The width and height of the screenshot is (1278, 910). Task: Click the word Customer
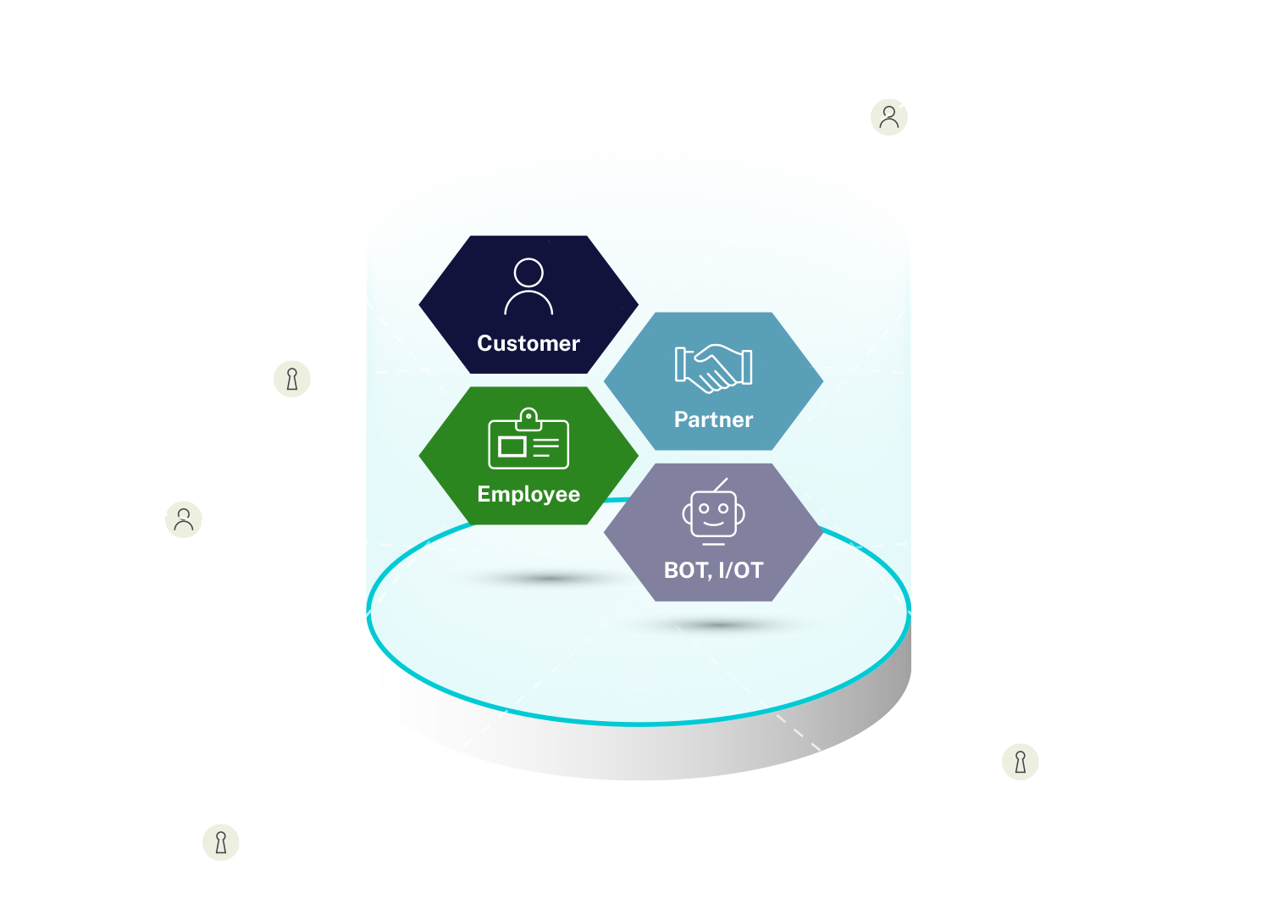click(x=528, y=343)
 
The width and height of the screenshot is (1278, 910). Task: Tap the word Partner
click(x=713, y=419)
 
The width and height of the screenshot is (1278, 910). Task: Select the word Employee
click(x=528, y=494)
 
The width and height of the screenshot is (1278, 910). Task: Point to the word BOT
click(x=684, y=570)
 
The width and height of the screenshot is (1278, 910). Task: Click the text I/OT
click(x=740, y=570)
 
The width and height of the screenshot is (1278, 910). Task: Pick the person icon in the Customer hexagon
click(x=528, y=287)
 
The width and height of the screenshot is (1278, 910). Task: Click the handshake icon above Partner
click(x=713, y=368)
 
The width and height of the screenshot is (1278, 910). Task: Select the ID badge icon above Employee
click(x=528, y=440)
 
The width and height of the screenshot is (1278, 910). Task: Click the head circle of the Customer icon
click(x=528, y=273)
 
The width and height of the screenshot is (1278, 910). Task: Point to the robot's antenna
click(x=721, y=485)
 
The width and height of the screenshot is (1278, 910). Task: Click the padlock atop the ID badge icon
click(x=528, y=418)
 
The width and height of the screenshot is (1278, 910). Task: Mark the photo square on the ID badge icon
click(x=512, y=447)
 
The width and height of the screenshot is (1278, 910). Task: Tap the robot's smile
click(x=714, y=524)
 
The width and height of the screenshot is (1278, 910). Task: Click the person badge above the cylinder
click(x=889, y=117)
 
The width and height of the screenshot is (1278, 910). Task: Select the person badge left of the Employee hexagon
click(x=184, y=519)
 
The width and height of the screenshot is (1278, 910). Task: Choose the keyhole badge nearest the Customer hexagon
click(x=292, y=379)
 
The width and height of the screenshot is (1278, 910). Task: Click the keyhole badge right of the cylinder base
click(x=1021, y=762)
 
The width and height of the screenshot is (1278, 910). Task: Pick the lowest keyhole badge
click(x=221, y=842)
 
